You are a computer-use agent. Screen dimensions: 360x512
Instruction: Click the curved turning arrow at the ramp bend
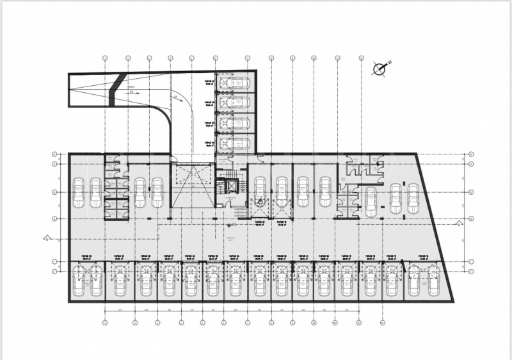click(x=179, y=99)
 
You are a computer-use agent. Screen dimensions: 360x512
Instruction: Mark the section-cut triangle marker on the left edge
click(x=46, y=238)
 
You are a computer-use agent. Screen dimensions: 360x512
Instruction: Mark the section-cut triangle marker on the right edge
click(x=458, y=224)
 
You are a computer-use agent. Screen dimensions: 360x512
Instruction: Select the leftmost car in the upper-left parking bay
click(x=79, y=193)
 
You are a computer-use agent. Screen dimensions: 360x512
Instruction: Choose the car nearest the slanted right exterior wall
click(x=413, y=199)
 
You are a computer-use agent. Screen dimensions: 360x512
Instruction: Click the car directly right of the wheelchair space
click(x=282, y=192)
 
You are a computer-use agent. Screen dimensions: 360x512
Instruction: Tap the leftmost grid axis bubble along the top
click(x=104, y=58)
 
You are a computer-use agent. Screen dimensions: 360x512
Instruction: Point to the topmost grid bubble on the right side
click(x=470, y=154)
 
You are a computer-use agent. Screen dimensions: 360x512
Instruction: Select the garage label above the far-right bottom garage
click(x=423, y=256)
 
